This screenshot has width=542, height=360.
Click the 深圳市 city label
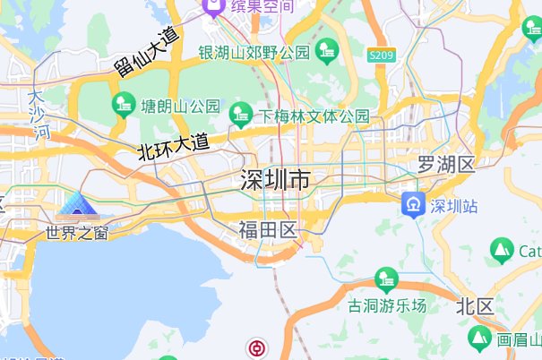[x=276, y=181]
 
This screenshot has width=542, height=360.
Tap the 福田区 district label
[x=267, y=231]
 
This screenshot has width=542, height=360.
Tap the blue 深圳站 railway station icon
[x=413, y=205]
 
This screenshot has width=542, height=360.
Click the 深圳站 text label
[x=454, y=206]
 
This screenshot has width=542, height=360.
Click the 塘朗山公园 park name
[x=180, y=107]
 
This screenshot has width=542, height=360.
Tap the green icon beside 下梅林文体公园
[x=239, y=114]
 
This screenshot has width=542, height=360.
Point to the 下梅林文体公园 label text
[x=314, y=116]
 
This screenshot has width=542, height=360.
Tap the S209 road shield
[x=381, y=56]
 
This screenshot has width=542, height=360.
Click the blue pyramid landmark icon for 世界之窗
[x=78, y=207]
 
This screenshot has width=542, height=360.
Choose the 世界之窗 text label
[x=78, y=235]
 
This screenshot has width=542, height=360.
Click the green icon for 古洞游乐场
[x=386, y=279]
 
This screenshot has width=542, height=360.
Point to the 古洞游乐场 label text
[x=387, y=305]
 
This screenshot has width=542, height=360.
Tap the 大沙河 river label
[x=40, y=115]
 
